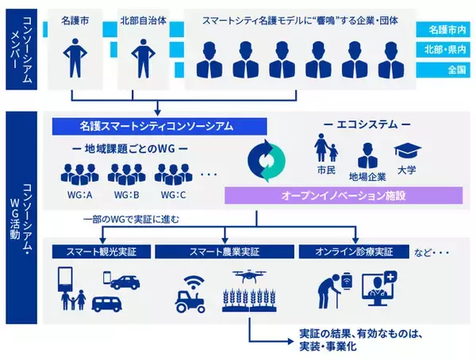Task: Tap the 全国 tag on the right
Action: coord(447,70)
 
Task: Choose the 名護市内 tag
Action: coord(447,29)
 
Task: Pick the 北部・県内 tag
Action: coord(447,49)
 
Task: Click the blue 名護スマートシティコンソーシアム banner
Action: coord(159,125)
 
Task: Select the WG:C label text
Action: coord(171,195)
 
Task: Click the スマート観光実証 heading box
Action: coord(98,251)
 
